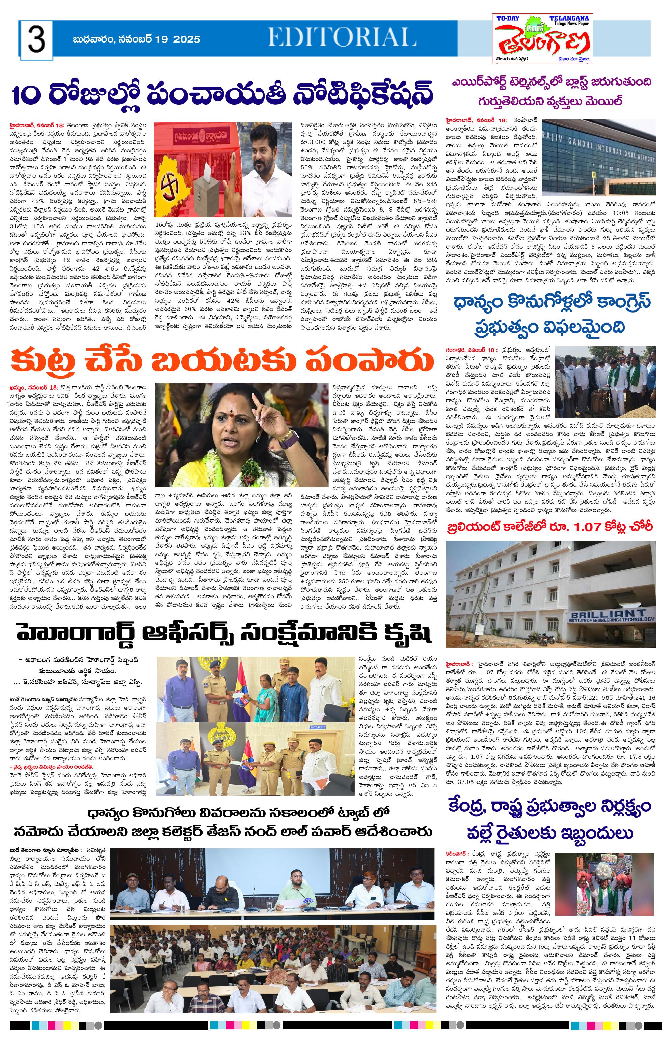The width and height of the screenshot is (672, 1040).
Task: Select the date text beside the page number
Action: [137, 39]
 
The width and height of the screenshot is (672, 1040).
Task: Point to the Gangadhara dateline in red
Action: [471, 350]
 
